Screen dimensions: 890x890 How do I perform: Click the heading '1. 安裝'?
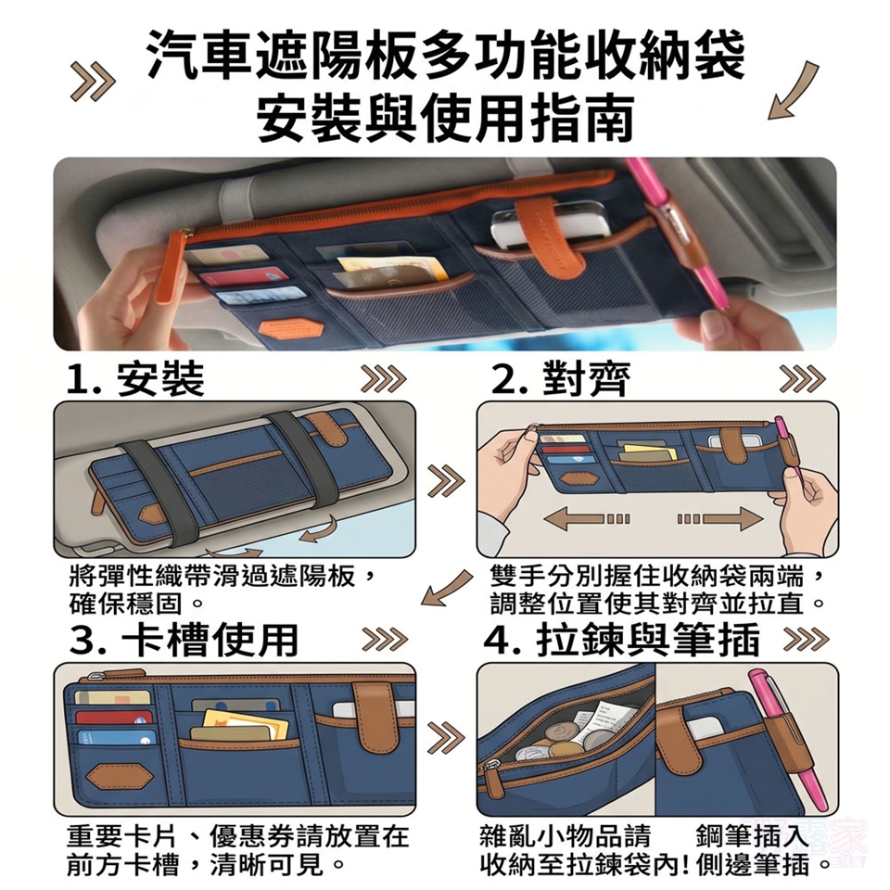click(x=135, y=379)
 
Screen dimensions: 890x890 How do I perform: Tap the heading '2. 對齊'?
click(x=561, y=379)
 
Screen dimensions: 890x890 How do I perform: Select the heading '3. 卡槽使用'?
click(x=184, y=640)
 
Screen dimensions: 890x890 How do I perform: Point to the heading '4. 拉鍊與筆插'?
click(x=622, y=640)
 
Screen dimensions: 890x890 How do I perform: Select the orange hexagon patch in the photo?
click(x=290, y=328)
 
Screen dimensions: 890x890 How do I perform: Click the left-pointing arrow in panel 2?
click(x=586, y=519)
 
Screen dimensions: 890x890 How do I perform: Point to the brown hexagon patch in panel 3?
click(x=119, y=776)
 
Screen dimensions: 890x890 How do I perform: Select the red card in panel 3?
click(x=113, y=718)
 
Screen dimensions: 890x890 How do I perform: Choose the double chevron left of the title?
click(x=93, y=83)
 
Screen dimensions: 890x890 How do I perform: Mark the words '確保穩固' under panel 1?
click(x=125, y=604)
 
